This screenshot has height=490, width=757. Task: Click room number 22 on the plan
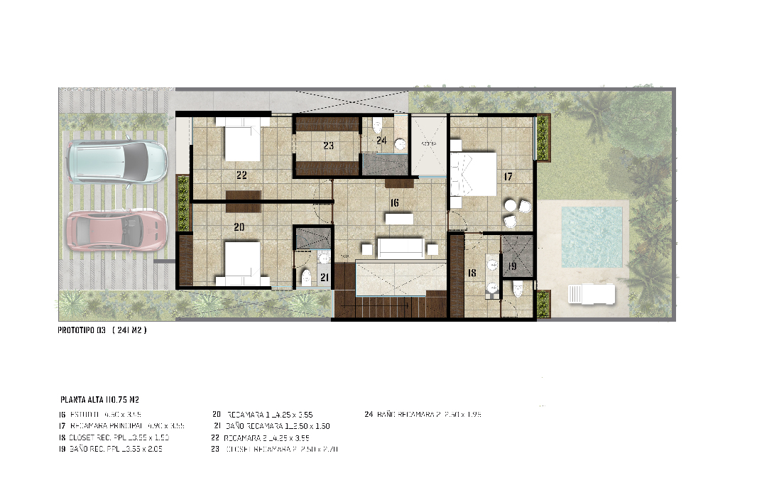click(241, 174)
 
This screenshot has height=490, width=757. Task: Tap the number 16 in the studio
click(394, 202)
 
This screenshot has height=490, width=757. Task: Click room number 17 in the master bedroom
click(508, 178)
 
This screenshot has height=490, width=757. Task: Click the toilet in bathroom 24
click(376, 126)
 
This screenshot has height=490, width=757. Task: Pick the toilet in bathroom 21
click(307, 276)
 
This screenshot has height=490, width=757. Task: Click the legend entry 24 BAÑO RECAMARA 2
click(423, 414)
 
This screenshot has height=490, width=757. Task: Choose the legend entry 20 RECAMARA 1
click(263, 414)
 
